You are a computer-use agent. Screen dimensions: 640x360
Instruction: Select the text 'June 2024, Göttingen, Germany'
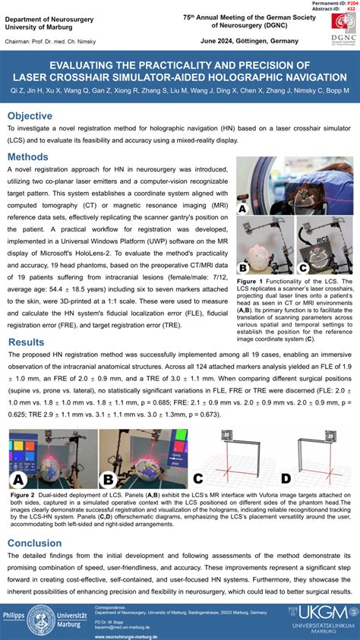(x=239, y=41)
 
